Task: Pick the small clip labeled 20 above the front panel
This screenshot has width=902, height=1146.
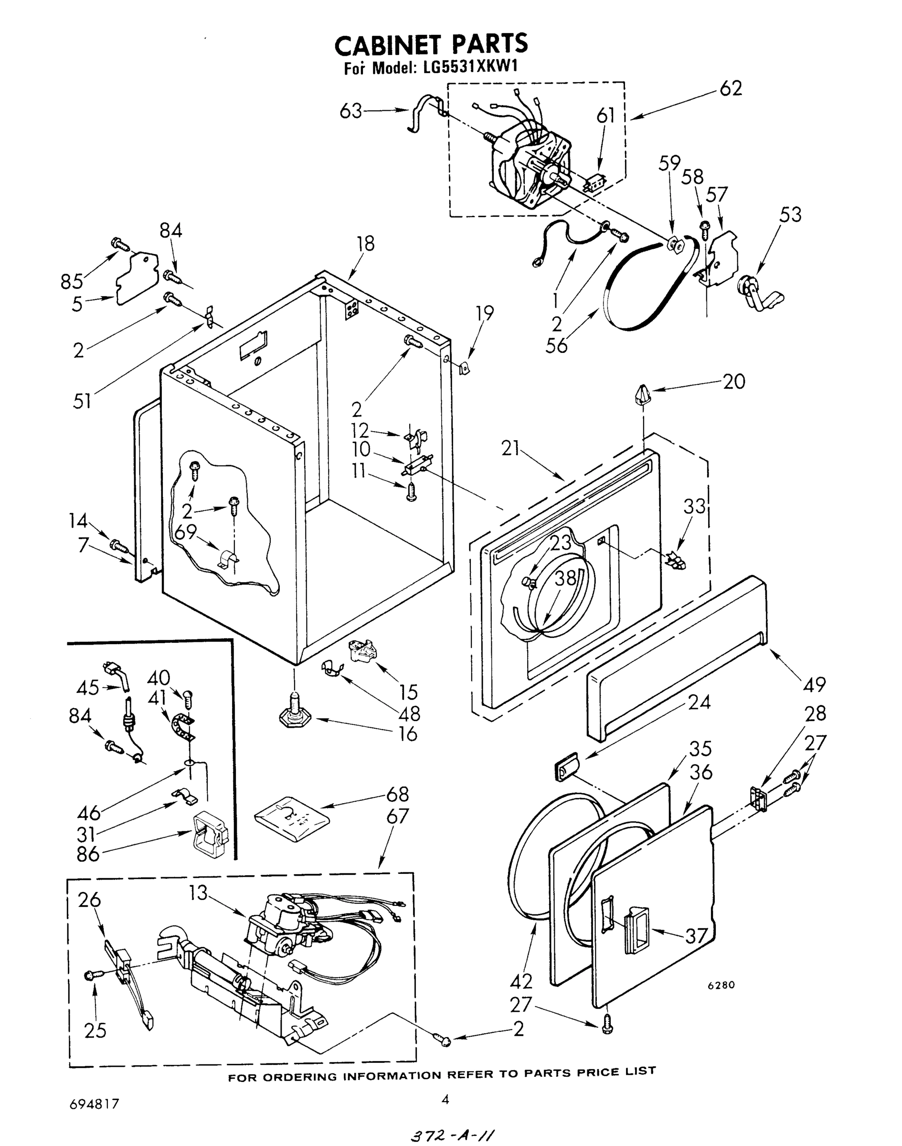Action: (x=642, y=394)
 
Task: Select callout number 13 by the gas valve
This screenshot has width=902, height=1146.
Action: (x=199, y=893)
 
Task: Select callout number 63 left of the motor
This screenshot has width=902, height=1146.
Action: (x=350, y=111)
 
